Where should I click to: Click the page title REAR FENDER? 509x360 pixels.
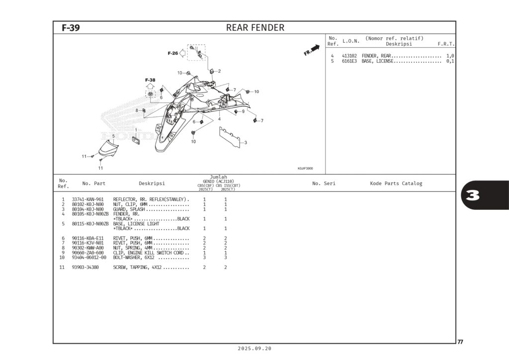click(255, 28)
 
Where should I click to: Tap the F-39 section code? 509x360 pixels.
click(71, 28)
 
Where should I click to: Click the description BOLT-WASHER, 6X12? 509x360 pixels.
click(133, 258)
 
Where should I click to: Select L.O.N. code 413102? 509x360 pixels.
click(349, 56)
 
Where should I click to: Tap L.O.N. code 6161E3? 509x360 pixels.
click(349, 61)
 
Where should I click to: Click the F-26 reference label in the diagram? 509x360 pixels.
click(172, 53)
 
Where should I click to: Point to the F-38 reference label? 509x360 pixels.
click(150, 80)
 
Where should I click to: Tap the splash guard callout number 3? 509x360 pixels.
click(245, 143)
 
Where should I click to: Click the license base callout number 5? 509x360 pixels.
click(113, 136)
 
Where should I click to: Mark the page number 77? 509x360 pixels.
click(460, 342)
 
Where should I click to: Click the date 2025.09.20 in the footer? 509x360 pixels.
click(254, 349)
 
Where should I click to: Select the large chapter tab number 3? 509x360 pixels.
click(473, 195)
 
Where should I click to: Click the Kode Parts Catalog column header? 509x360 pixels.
click(396, 183)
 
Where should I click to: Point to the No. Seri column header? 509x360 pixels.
click(324, 183)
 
